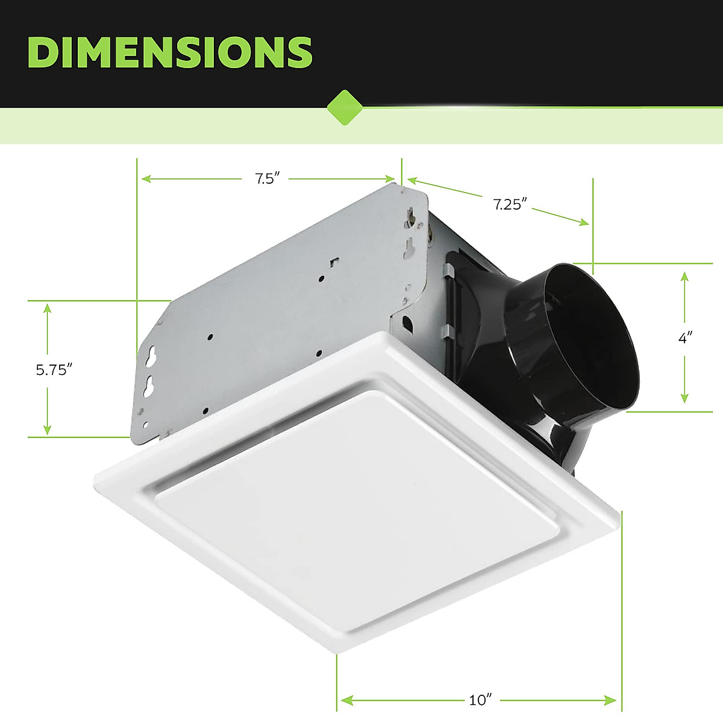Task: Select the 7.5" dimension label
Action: (x=264, y=179)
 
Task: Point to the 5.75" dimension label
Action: (x=54, y=369)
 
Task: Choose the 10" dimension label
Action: (x=480, y=700)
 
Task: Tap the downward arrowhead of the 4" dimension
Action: (x=684, y=398)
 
